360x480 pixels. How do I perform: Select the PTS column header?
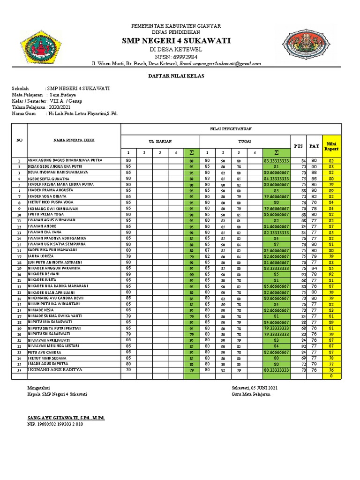(298, 146)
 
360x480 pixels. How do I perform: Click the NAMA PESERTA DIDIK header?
(74, 140)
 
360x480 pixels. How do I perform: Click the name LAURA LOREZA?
(43, 256)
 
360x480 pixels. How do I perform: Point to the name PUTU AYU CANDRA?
(44, 352)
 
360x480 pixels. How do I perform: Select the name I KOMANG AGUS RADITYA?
(55, 369)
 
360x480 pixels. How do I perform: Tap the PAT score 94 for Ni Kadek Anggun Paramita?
(314, 269)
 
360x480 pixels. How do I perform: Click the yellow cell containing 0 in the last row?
(331, 376)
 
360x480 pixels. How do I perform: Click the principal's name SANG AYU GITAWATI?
(66, 417)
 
